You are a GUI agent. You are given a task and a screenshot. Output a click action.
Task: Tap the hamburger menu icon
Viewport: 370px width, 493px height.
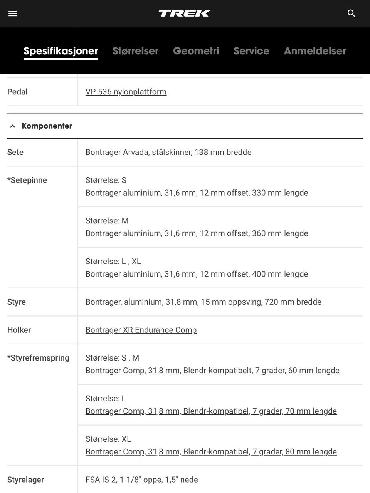(13, 13)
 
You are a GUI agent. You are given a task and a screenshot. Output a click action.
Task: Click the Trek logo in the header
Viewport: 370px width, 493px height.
(184, 13)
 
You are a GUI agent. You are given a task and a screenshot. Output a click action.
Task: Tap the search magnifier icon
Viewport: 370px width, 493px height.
(351, 13)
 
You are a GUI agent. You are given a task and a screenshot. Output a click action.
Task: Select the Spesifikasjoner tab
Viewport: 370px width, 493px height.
(61, 51)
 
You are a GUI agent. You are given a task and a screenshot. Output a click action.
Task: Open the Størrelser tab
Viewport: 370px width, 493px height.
(135, 51)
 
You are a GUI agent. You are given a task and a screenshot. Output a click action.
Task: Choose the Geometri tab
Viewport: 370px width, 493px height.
(196, 51)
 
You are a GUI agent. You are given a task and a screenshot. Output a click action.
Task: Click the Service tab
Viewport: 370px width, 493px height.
(251, 51)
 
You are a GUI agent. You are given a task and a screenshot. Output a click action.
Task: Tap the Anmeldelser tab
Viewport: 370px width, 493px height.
(315, 51)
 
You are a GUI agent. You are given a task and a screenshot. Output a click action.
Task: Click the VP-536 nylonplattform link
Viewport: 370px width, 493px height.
(126, 92)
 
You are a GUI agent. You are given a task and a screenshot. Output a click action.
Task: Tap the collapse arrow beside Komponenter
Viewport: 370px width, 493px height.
(13, 126)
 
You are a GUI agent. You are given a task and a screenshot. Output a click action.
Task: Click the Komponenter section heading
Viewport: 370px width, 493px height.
(47, 126)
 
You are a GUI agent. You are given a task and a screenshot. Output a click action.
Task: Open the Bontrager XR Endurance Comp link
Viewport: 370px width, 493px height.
(141, 330)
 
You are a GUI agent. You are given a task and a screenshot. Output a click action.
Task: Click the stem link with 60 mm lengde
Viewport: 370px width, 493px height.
(212, 371)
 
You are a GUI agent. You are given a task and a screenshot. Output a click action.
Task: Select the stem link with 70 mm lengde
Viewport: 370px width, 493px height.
(211, 411)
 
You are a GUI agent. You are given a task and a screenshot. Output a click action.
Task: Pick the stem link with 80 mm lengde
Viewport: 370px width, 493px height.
(211, 451)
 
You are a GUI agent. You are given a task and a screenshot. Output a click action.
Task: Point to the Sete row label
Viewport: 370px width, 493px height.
(15, 152)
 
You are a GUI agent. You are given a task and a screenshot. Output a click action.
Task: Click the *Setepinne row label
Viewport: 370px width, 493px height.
(27, 180)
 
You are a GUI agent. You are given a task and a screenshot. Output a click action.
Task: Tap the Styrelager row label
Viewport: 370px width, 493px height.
(26, 480)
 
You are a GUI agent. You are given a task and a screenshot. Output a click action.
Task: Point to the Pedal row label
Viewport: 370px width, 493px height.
(17, 92)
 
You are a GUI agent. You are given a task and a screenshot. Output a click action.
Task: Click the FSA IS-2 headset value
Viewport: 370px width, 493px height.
(142, 480)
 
